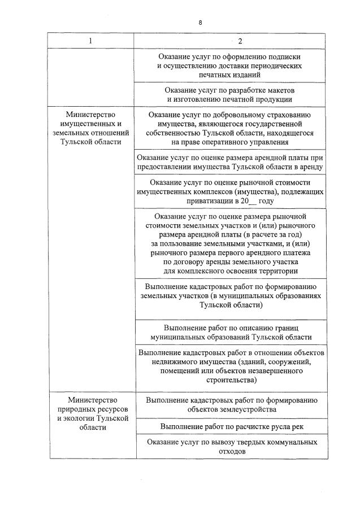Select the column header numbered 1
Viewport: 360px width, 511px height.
pyautogui.click(x=90, y=41)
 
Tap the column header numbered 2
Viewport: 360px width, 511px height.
pyautogui.click(x=240, y=41)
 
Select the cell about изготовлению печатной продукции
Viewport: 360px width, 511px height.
pyautogui.click(x=229, y=95)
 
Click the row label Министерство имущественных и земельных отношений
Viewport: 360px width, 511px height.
pyautogui.click(x=90, y=128)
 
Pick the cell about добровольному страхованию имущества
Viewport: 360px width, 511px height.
pyautogui.click(x=229, y=128)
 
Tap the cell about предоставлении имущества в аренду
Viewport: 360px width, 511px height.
pyautogui.click(x=229, y=162)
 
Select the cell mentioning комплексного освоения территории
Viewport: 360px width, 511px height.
pyautogui.click(x=229, y=243)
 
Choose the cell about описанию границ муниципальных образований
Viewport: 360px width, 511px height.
pyautogui.click(x=229, y=332)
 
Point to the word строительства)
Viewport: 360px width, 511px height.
pyautogui.click(x=229, y=381)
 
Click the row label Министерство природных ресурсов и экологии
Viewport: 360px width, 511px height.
pyautogui.click(x=90, y=413)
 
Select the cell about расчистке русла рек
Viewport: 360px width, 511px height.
pyautogui.click(x=229, y=426)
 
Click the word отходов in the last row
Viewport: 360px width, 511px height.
pyautogui.click(x=229, y=452)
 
